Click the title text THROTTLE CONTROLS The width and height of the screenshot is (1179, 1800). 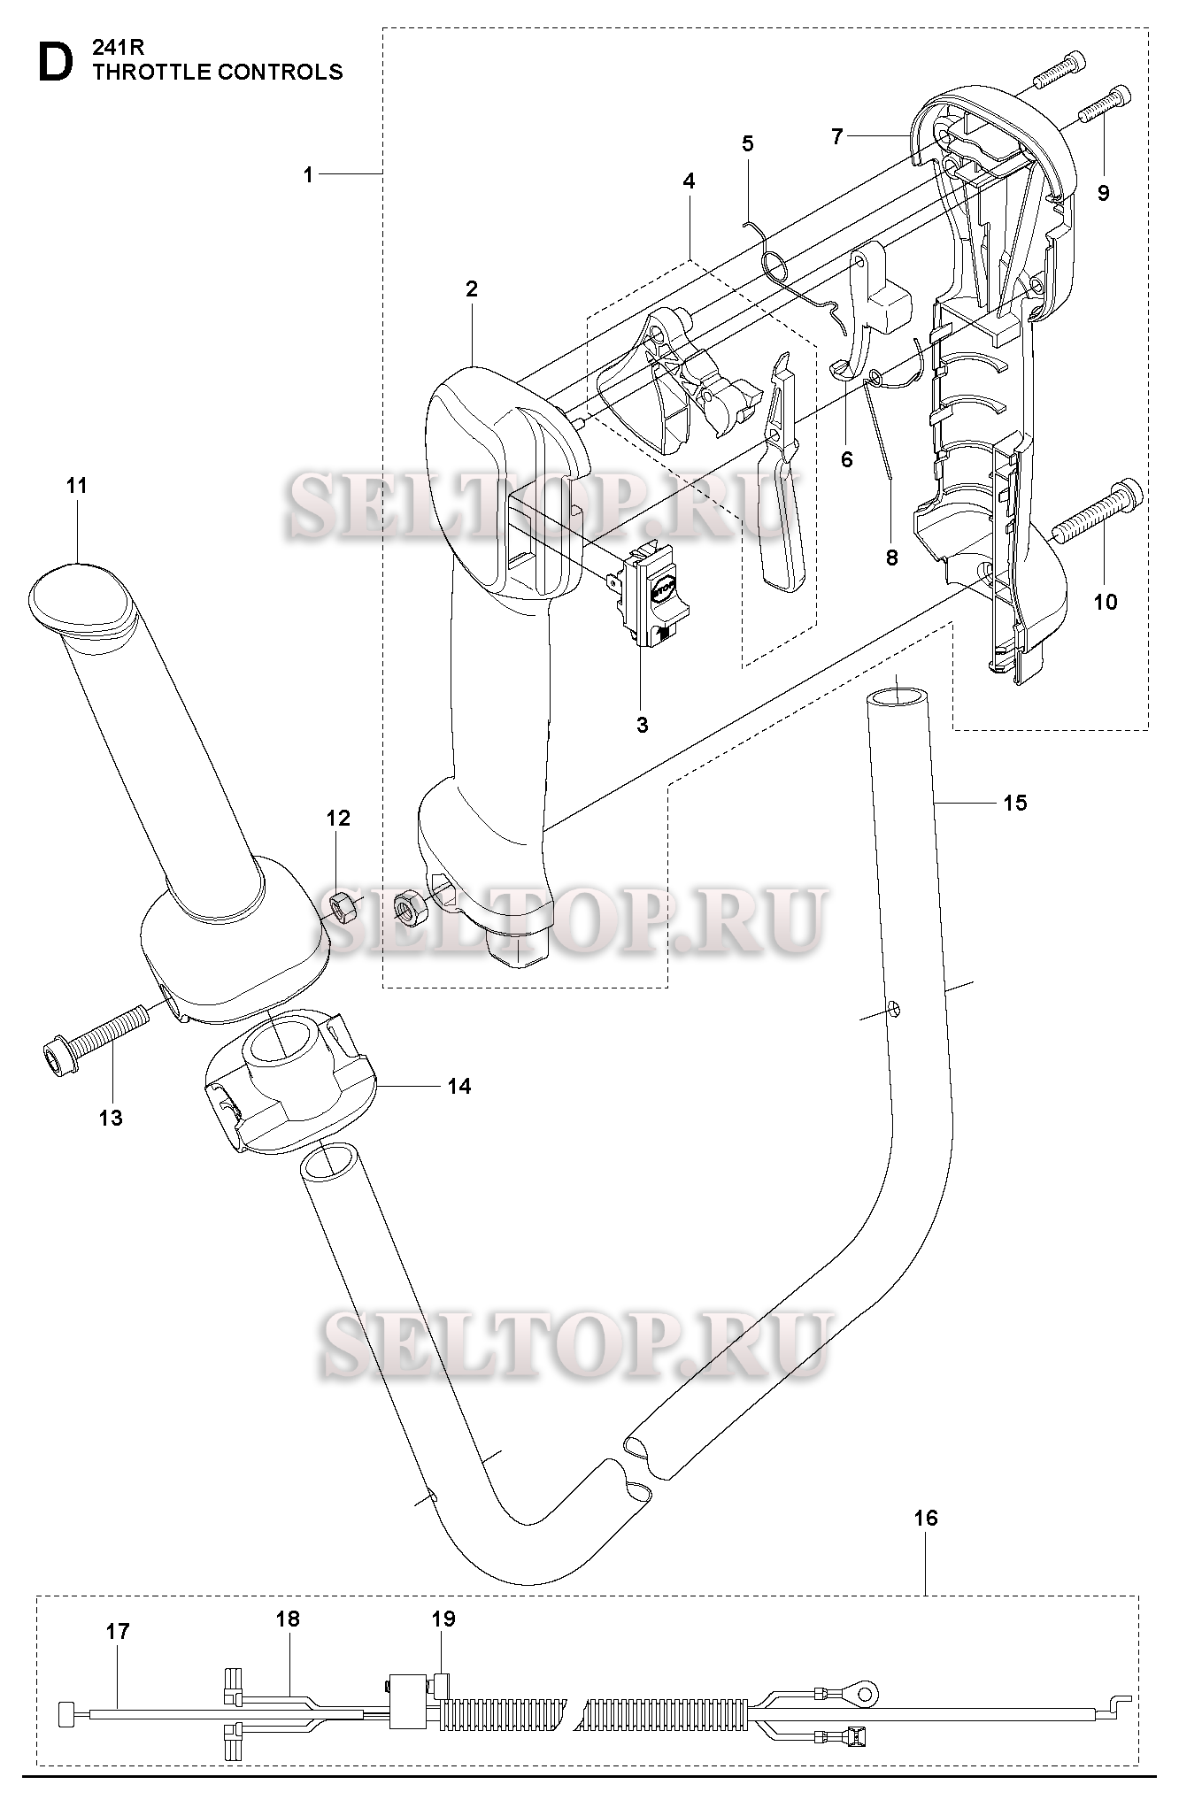(x=218, y=73)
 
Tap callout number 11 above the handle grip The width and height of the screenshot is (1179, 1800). (x=77, y=485)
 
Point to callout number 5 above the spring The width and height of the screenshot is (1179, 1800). (x=748, y=143)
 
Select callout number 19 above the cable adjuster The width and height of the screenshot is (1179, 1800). (x=443, y=1619)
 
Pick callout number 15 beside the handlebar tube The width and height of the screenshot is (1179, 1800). (x=1015, y=802)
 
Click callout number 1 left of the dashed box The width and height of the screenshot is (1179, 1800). (x=308, y=175)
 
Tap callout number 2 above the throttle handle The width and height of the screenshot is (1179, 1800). (x=471, y=288)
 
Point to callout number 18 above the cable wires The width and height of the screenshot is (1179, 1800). (x=288, y=1619)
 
